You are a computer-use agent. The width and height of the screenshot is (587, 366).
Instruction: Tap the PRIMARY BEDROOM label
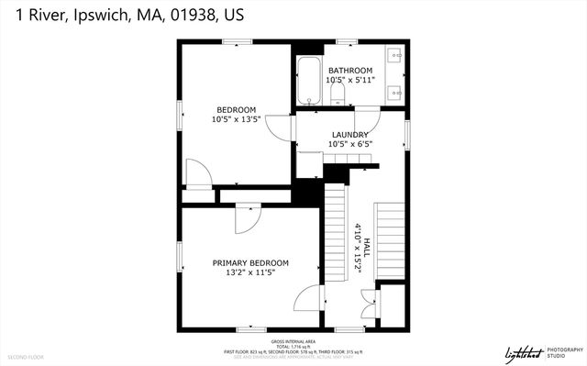click(x=250, y=263)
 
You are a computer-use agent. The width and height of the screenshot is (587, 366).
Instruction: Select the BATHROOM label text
click(x=350, y=71)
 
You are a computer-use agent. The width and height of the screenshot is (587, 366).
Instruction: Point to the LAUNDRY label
click(x=349, y=133)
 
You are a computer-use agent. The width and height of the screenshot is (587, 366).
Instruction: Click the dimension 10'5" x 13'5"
click(x=236, y=119)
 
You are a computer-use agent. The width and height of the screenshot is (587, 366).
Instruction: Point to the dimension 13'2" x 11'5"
click(x=250, y=273)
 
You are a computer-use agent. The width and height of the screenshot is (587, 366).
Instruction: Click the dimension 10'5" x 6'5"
click(x=349, y=143)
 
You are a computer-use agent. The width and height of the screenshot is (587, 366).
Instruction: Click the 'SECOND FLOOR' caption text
click(x=26, y=356)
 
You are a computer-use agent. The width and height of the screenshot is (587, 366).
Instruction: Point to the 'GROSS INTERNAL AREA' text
click(x=293, y=339)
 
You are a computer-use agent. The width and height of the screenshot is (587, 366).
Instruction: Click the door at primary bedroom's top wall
click(x=247, y=216)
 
